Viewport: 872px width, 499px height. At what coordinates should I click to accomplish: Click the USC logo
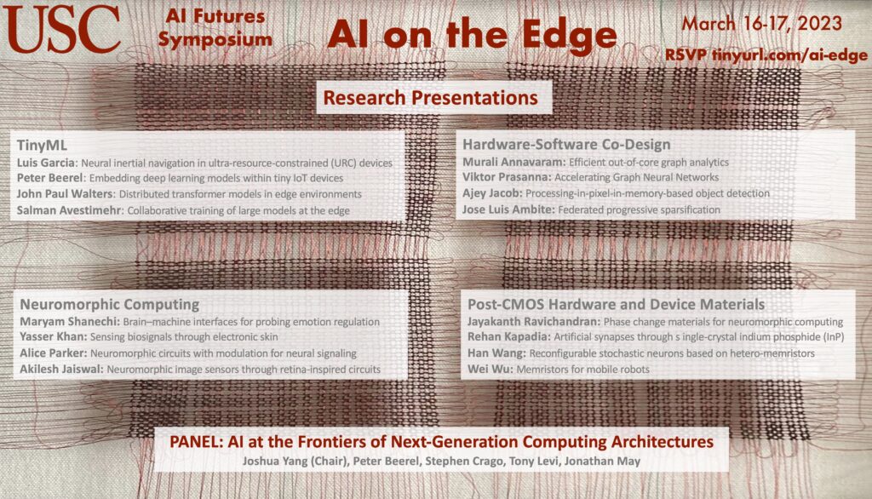coord(61,28)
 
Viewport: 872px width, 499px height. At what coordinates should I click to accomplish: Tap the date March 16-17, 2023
coord(762,24)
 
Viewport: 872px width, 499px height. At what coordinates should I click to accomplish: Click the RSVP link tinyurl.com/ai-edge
coord(789,55)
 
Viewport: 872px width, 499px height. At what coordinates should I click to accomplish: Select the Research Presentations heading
coord(430,98)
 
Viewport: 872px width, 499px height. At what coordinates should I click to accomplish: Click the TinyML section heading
coord(42,146)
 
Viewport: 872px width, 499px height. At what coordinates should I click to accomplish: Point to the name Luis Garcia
coord(46,163)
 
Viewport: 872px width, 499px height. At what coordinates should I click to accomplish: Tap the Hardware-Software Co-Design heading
coord(566,145)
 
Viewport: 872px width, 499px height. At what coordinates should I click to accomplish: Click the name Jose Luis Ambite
coord(508,209)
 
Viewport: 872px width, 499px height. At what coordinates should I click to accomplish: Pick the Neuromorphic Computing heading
coord(110,304)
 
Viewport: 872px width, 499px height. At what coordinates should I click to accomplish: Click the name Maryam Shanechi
coord(70,322)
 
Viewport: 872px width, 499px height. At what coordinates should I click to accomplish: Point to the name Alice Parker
coord(54,353)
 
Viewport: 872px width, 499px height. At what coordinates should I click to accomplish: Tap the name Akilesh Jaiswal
coord(61,370)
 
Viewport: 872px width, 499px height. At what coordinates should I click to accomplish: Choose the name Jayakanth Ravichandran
coord(533,322)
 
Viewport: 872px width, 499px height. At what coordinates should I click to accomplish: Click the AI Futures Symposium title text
coord(215,28)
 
